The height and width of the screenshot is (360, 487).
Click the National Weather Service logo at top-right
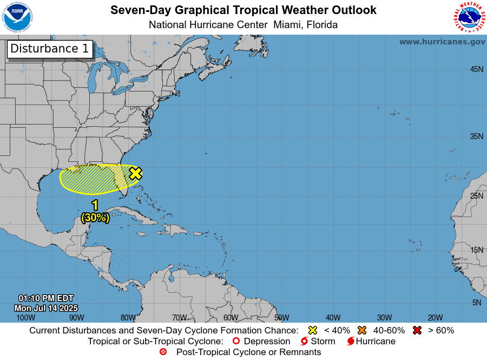click(469, 17)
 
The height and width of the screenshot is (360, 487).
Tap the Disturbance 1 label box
click(50, 49)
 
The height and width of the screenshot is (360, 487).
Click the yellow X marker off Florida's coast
click(135, 173)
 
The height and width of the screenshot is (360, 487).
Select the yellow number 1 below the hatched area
click(95, 205)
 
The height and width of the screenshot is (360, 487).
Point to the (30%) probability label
click(95, 218)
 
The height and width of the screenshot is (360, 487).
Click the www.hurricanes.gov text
click(442, 42)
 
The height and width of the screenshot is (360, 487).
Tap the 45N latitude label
click(476, 69)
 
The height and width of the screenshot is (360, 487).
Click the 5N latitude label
click(476, 303)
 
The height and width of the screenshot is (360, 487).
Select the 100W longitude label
click(25, 318)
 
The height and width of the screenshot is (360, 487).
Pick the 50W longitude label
click(281, 318)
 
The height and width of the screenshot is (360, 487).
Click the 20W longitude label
click(435, 318)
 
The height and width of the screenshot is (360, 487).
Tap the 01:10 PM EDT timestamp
click(45, 298)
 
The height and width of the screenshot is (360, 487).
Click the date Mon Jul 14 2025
click(45, 308)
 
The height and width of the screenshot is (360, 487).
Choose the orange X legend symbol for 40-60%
click(362, 330)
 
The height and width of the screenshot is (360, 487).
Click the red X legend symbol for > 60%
click(417, 330)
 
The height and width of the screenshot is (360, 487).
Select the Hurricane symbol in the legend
click(351, 342)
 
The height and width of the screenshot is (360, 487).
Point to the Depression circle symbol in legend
click(235, 342)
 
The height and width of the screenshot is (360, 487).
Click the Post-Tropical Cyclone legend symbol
click(163, 352)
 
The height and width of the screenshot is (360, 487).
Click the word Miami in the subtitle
click(288, 25)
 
